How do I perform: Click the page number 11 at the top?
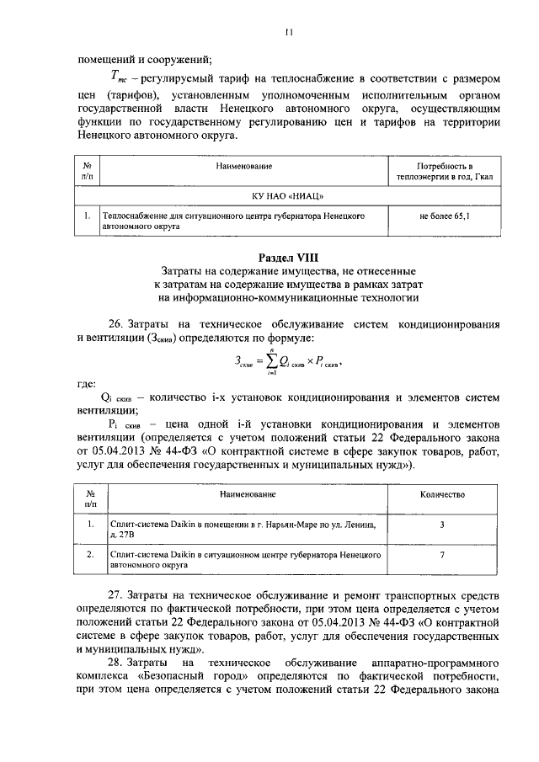tap(288, 33)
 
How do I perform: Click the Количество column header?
tap(443, 495)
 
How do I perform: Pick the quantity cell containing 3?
tap(443, 525)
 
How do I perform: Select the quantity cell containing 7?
tap(443, 557)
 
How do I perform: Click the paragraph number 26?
tap(118, 324)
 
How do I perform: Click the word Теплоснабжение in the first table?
tap(131, 216)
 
